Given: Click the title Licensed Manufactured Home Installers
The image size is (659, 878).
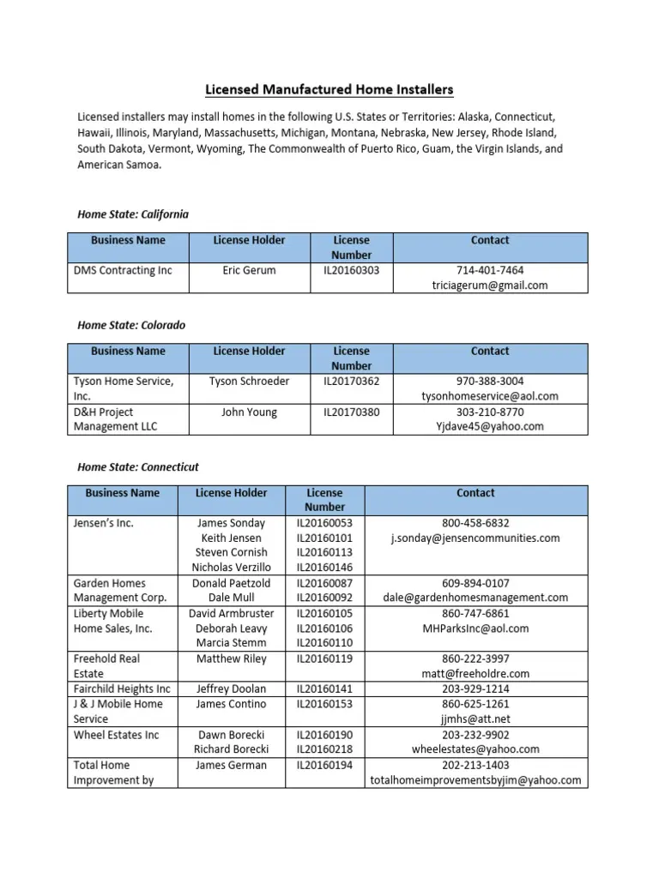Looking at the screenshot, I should tap(329, 89).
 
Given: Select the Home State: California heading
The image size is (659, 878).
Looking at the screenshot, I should tap(132, 213).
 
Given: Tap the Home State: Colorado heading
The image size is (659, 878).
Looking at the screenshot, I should tap(130, 325).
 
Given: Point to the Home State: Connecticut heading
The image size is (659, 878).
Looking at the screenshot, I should tap(137, 467).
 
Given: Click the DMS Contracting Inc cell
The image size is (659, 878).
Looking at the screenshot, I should tap(123, 270).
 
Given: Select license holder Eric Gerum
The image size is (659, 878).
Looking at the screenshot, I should tap(249, 270).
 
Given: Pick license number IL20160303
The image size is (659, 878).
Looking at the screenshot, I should tap(352, 270).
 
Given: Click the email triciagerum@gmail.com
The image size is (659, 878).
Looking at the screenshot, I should tap(490, 286).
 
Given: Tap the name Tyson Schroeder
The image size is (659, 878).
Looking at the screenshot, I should tap(249, 382).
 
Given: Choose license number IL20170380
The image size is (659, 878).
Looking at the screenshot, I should tap(352, 412).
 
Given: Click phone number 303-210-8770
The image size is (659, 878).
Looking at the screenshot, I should tap(490, 412).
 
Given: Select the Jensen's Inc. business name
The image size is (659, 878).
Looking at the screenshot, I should tap(104, 523).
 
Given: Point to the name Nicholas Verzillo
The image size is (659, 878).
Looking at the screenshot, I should tap(232, 568).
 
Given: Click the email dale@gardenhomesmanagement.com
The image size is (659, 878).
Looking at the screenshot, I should tap(475, 598).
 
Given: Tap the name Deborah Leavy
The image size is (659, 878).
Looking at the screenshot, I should tap(232, 628).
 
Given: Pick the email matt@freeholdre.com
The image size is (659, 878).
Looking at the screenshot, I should tap(475, 674).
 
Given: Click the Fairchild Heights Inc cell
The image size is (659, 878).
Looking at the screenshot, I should tap(122, 689).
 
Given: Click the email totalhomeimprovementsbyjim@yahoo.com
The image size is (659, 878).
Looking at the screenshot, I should tap(475, 780).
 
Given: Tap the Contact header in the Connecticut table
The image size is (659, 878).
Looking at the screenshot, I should tap(475, 493).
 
